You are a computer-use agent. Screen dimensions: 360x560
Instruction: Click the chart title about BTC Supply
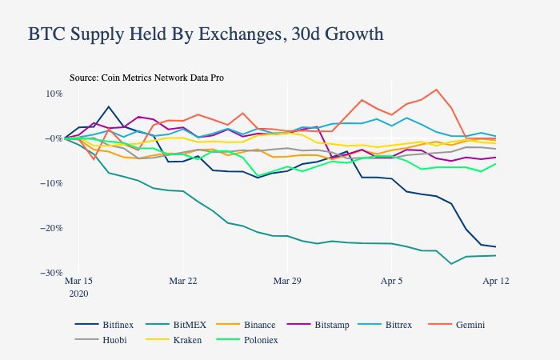click(x=206, y=34)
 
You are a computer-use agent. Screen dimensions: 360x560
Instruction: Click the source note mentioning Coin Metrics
click(x=146, y=78)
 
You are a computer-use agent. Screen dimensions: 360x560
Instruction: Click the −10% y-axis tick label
click(x=51, y=183)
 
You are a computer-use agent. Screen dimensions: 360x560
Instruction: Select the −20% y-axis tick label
click(x=51, y=228)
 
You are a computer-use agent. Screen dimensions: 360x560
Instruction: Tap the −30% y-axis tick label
click(x=51, y=273)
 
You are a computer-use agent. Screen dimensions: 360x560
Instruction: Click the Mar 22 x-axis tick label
click(x=183, y=282)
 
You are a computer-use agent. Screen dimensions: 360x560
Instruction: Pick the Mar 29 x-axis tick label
click(x=287, y=282)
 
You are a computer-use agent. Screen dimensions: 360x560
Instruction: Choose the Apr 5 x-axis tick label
click(x=391, y=282)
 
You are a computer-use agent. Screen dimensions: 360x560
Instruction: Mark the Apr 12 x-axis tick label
click(x=495, y=282)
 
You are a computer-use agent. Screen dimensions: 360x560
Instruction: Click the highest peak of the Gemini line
click(x=436, y=90)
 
